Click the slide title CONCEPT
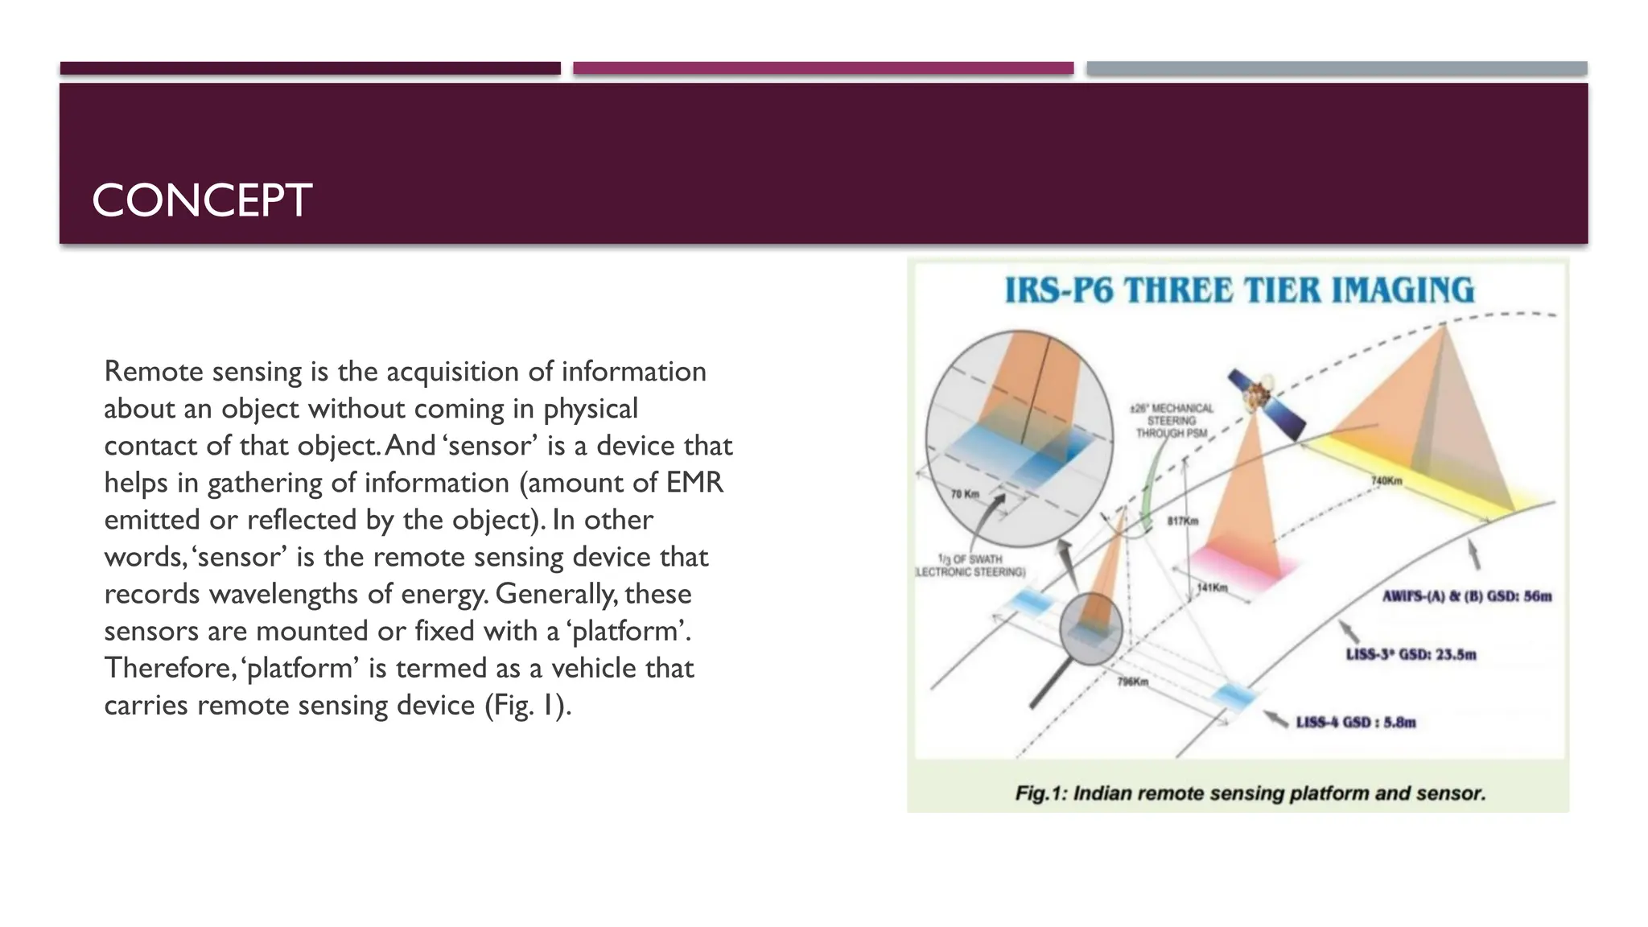[201, 200]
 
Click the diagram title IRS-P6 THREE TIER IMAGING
[1239, 290]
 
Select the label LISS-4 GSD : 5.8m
[1355, 722]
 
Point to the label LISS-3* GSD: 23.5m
[1411, 654]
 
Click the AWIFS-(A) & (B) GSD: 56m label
[1466, 596]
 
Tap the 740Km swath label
[1386, 481]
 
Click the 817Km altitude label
[1182, 521]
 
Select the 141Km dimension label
[1212, 587]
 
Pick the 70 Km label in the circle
[965, 493]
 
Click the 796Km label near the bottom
[1132, 682]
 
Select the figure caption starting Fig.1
[1250, 793]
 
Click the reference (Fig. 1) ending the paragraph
[527, 705]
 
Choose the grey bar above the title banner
[1336, 68]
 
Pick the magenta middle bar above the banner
[823, 68]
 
